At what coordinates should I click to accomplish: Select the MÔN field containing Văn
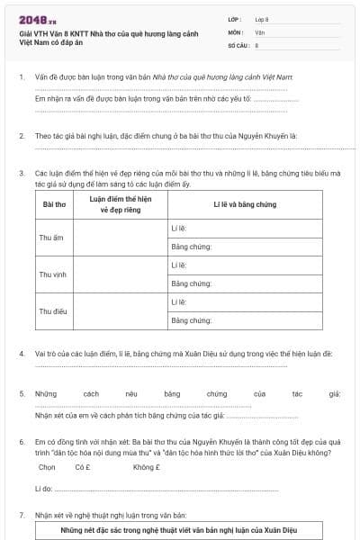(287, 31)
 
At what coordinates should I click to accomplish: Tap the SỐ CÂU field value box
(287, 44)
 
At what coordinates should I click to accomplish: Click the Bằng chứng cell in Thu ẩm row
(243, 247)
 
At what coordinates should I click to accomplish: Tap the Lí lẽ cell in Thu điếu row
(243, 302)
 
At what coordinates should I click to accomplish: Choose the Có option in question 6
(84, 468)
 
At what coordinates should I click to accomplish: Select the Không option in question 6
(146, 468)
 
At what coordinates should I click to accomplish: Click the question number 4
(22, 354)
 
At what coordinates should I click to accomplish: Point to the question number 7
(22, 515)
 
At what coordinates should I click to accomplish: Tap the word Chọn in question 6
(47, 468)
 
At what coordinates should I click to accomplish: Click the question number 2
(22, 136)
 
